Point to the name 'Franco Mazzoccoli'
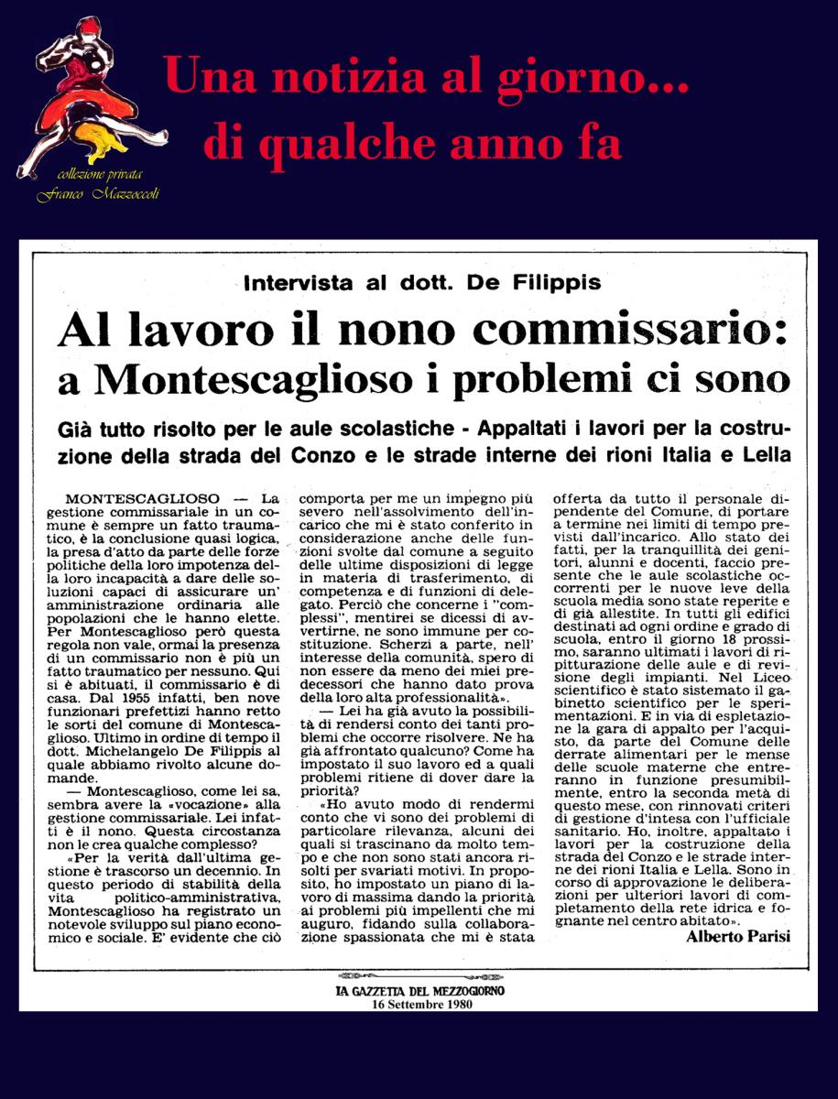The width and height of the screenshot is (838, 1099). tap(98, 193)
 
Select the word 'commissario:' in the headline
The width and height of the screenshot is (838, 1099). tap(641, 332)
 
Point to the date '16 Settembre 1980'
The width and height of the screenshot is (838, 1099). tap(419, 1003)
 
